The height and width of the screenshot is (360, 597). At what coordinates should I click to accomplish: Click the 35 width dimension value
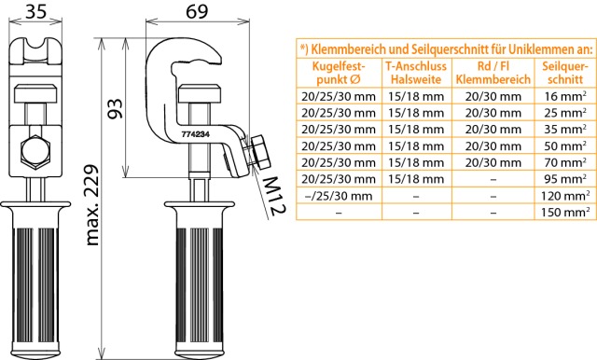click(35, 11)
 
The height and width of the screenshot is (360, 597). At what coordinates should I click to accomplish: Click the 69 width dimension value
click(197, 11)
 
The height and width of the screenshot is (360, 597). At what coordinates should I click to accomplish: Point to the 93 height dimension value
click(115, 109)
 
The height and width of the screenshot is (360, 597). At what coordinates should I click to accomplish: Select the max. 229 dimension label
click(92, 205)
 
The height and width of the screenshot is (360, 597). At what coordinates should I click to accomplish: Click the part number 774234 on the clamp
click(196, 134)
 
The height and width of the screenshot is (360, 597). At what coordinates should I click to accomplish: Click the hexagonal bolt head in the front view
click(35, 151)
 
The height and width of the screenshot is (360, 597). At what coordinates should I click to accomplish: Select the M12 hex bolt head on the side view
click(260, 151)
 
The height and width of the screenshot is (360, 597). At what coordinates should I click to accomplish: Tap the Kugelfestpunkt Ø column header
click(339, 73)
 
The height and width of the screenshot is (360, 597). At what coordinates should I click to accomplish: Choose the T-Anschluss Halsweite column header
click(416, 73)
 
